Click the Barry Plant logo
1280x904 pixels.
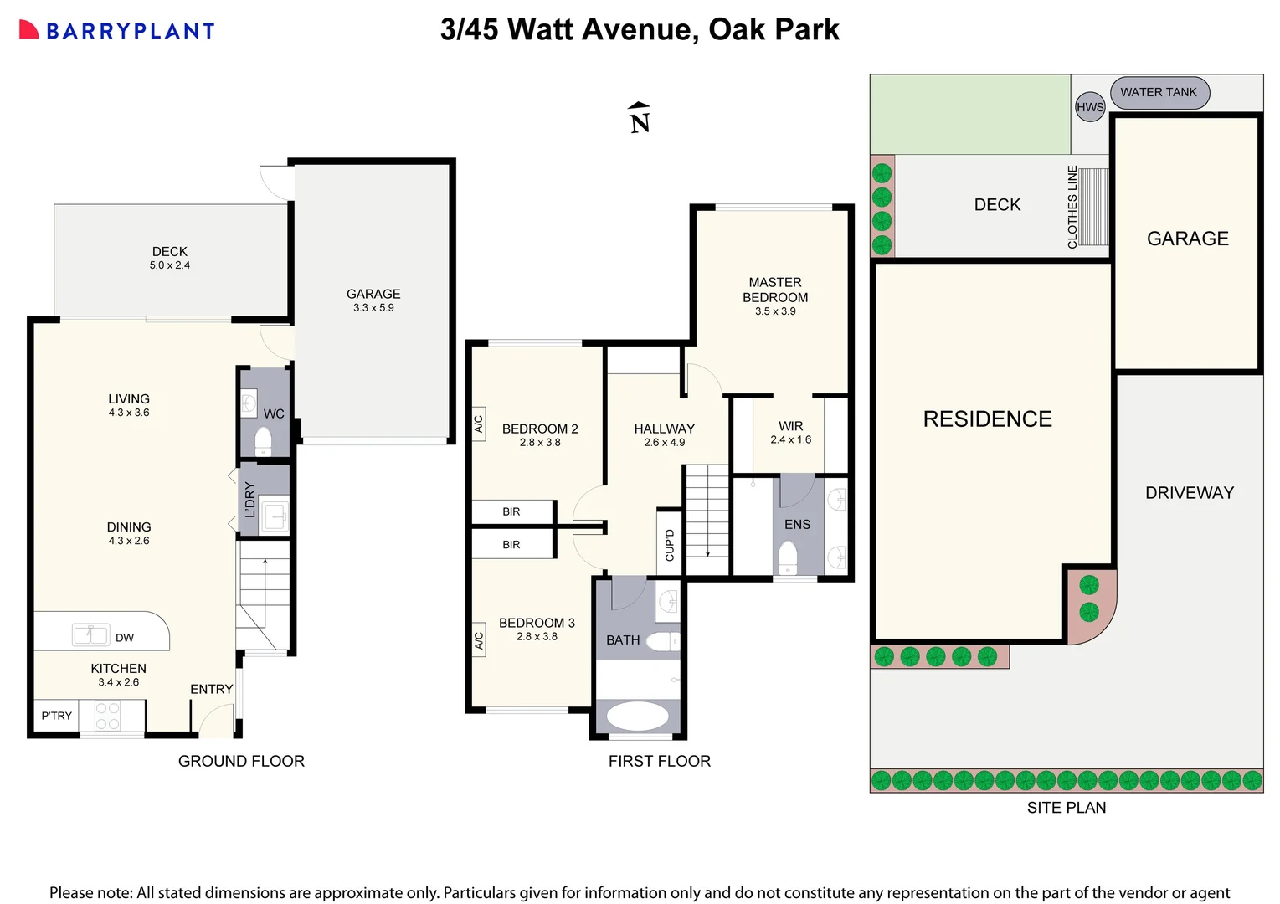point(116,31)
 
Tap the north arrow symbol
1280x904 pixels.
point(640,118)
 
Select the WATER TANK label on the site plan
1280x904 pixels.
point(1159,92)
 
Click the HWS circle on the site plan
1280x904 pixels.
point(1090,107)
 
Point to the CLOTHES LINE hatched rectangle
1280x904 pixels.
point(1093,206)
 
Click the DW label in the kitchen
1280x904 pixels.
point(125,638)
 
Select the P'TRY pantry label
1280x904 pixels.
point(57,716)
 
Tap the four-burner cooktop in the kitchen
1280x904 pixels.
point(107,716)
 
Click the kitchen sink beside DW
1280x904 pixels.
point(90,635)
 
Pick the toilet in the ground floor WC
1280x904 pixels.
point(264,441)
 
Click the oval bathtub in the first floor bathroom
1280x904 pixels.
point(637,717)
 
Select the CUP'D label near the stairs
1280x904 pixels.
point(670,545)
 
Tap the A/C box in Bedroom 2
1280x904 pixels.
point(479,424)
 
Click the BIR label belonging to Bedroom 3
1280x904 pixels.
point(511,545)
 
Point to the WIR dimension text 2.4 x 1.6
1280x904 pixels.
point(790,439)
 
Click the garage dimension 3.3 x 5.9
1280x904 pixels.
point(373,308)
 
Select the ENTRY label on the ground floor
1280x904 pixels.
point(211,689)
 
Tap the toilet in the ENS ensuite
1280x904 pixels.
point(788,558)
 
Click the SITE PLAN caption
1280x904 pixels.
point(1067,808)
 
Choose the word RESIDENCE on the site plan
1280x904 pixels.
point(987,419)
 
